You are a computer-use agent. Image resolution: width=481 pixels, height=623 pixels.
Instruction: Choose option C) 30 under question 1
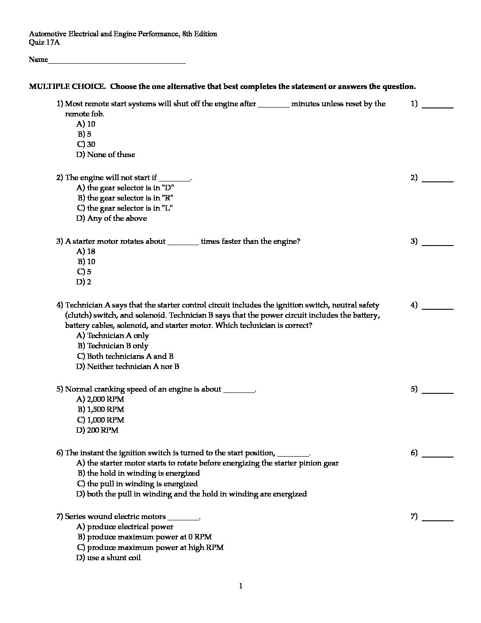[x=86, y=144]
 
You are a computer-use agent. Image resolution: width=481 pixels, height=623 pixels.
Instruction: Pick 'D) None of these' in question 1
[x=106, y=154]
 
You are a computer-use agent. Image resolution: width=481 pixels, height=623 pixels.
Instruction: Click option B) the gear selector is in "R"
[x=126, y=198]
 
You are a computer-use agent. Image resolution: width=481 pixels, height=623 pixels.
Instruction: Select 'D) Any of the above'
[x=111, y=218]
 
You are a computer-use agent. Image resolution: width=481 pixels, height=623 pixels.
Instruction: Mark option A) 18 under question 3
[x=86, y=251]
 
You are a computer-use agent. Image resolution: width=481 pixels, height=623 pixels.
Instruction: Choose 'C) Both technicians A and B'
[x=125, y=356]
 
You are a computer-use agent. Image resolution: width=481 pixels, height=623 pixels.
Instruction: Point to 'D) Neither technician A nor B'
[x=128, y=366]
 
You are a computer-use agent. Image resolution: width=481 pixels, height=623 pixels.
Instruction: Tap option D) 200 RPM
[x=97, y=430]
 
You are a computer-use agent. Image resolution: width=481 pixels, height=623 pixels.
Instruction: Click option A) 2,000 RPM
[x=100, y=399]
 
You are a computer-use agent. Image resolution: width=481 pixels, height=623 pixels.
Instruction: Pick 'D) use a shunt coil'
[x=108, y=558]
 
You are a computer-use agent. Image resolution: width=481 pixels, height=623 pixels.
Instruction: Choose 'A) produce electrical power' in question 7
[x=125, y=527]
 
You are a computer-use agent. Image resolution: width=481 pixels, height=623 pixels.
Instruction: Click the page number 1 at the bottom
[x=240, y=586]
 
